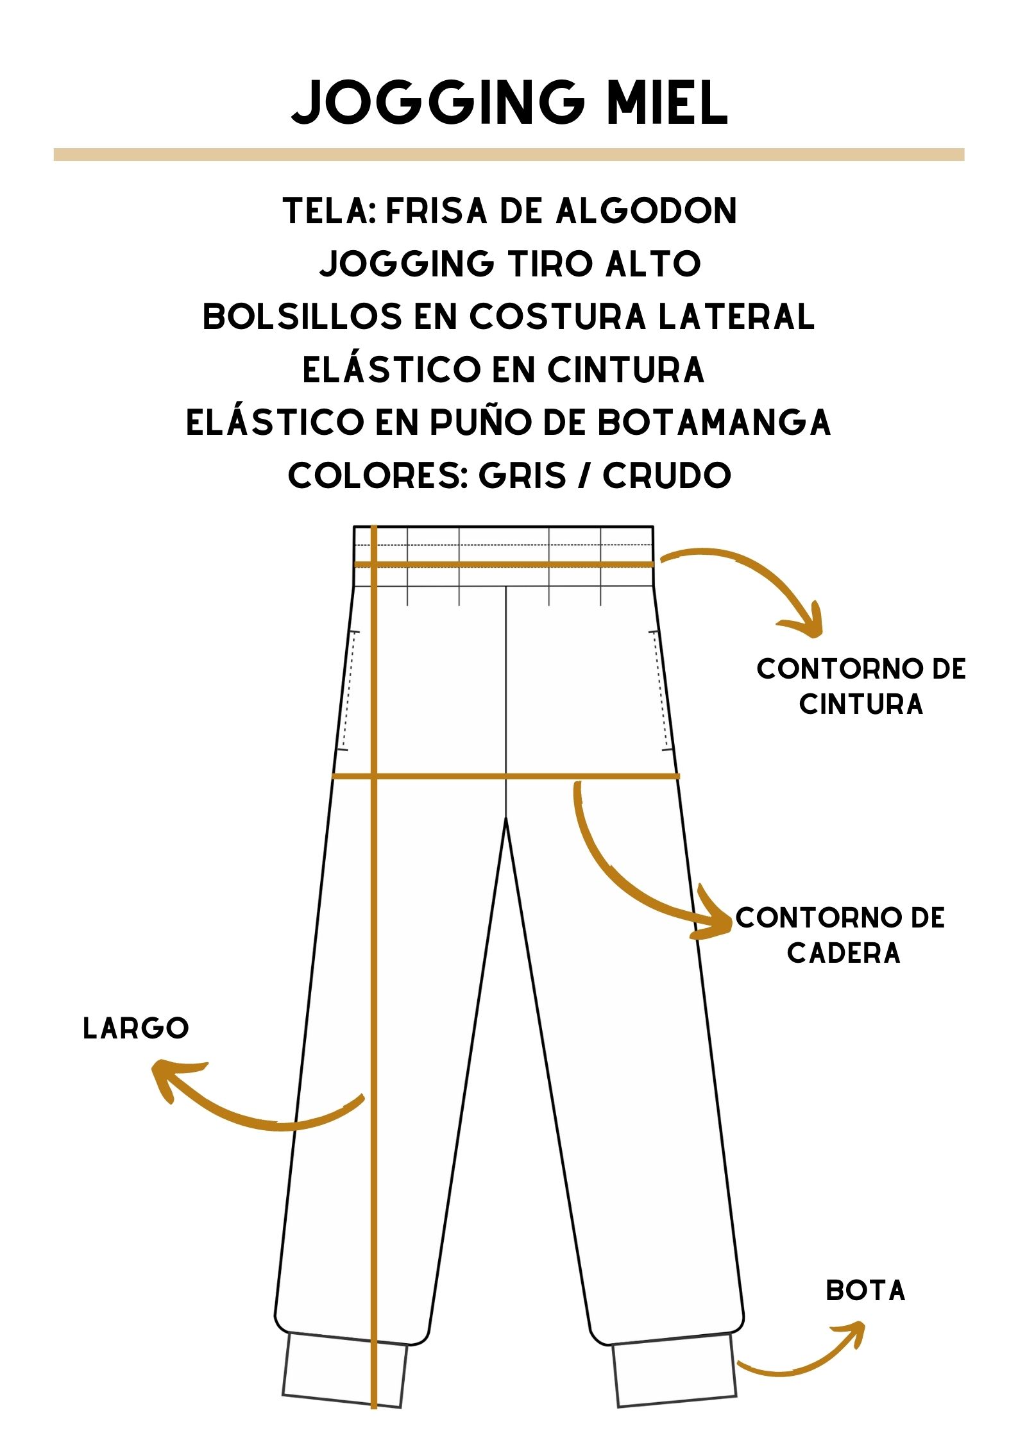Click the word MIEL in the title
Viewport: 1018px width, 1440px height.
667,102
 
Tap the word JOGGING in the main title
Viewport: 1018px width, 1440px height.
437,102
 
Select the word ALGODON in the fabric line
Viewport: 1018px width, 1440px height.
646,211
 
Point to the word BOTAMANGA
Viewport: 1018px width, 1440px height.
714,422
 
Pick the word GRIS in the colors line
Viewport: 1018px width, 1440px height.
523,475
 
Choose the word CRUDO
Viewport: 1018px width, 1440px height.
667,475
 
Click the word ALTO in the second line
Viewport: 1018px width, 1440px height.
653,264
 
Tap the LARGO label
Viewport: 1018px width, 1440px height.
136,1028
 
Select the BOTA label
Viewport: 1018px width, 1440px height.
865,1291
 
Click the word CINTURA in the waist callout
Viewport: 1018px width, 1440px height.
861,704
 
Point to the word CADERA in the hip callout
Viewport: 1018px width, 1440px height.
844,953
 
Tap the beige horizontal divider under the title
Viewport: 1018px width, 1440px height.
509,155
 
